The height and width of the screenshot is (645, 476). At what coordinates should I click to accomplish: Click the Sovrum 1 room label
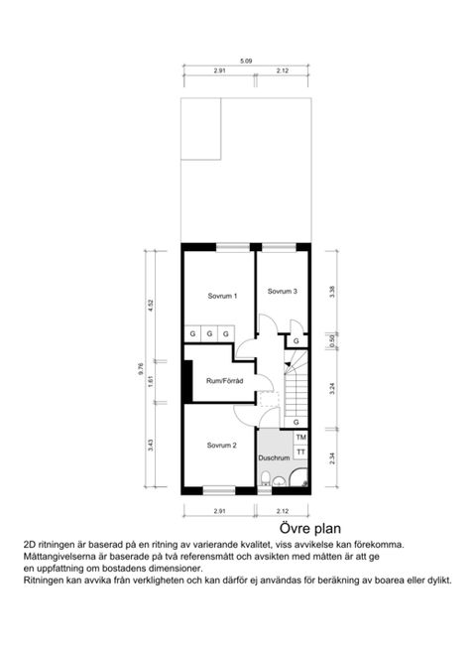[222, 297]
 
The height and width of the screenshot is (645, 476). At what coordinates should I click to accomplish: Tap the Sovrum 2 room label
[222, 446]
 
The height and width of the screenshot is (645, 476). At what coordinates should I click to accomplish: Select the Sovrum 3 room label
[283, 291]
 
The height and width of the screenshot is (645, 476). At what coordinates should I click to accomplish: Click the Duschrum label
[273, 458]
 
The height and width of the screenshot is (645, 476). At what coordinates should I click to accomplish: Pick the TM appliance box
[300, 438]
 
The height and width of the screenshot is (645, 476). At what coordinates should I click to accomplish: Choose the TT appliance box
[300, 452]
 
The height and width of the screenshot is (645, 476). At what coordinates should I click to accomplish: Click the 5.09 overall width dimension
[246, 62]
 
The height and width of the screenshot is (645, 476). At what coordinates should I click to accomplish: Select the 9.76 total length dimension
[141, 371]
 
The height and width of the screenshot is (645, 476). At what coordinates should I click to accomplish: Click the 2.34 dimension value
[333, 457]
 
